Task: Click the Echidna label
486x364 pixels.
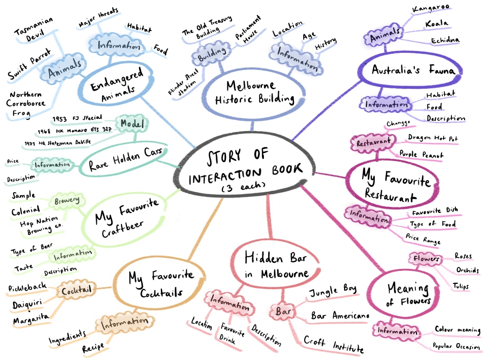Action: (445, 40)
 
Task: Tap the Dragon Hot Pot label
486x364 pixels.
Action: (432, 138)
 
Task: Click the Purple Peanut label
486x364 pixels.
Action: (421, 154)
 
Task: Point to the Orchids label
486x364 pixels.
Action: (467, 270)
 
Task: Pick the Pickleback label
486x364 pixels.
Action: (28, 288)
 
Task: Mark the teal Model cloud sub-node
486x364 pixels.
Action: (131, 124)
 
